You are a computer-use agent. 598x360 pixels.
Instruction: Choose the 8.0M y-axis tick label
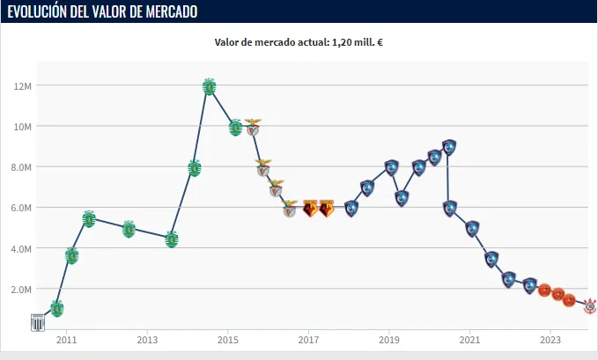(21, 167)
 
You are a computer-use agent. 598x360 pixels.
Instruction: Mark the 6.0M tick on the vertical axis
(21, 208)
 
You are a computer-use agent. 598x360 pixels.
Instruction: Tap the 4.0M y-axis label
(21, 248)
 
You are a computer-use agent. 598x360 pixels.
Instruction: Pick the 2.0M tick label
(21, 289)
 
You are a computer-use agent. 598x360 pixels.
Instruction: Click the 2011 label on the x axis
(66, 339)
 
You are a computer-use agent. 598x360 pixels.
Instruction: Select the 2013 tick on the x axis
(147, 339)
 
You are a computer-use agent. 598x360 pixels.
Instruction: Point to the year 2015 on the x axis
(227, 339)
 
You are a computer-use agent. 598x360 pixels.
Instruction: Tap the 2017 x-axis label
(308, 339)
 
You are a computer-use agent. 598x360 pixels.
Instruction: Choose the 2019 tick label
(388, 339)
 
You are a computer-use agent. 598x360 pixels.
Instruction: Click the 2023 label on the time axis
(550, 339)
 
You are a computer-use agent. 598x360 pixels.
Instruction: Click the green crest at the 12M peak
(209, 86)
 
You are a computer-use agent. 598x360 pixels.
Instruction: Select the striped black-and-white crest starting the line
(38, 321)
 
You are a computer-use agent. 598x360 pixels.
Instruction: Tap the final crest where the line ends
(590, 305)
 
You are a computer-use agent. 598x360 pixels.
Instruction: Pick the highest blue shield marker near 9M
(449, 147)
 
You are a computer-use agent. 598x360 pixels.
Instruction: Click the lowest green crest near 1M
(57, 308)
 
